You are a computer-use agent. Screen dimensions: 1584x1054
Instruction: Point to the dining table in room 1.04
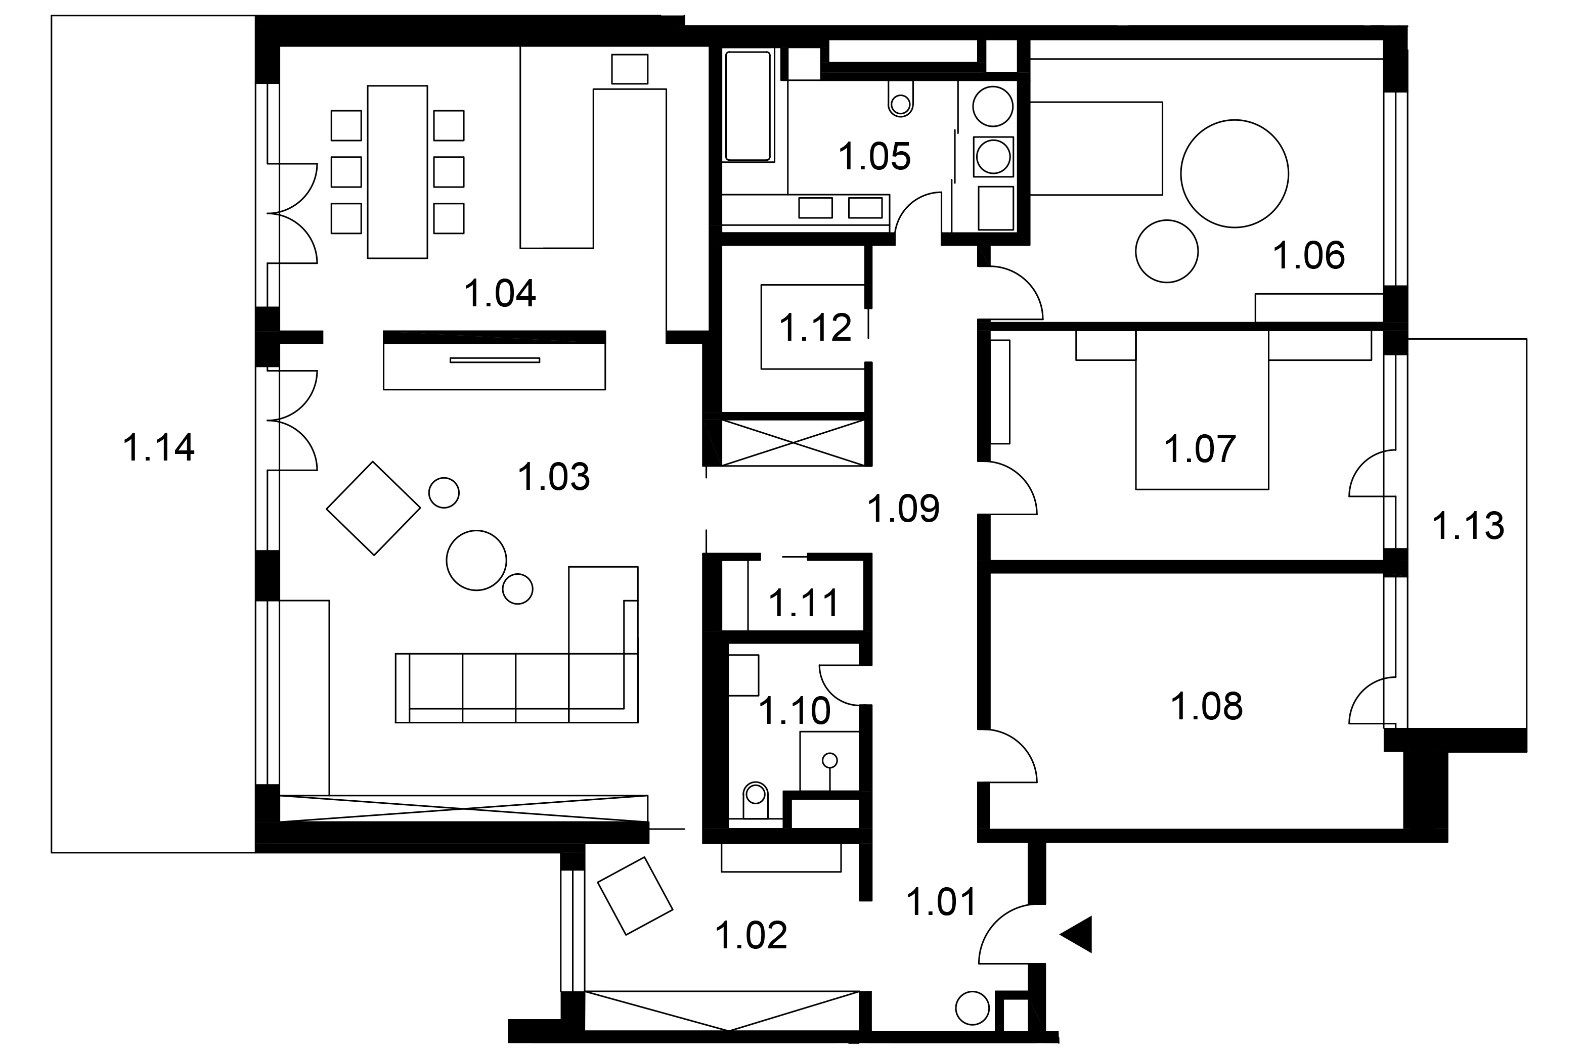(x=398, y=171)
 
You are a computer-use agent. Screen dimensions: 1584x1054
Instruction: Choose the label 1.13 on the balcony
(x=1468, y=526)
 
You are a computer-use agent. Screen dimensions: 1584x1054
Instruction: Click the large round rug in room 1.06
(x=1235, y=173)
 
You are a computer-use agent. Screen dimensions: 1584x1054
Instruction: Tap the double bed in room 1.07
(x=1202, y=409)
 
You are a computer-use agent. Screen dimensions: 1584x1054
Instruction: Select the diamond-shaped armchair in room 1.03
(x=373, y=508)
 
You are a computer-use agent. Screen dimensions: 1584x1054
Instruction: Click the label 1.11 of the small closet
(x=804, y=603)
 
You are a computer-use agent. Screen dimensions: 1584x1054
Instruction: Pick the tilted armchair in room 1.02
(x=635, y=895)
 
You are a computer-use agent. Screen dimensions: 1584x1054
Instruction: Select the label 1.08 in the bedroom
(x=1207, y=707)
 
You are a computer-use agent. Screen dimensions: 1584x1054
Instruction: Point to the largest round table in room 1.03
(x=476, y=560)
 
